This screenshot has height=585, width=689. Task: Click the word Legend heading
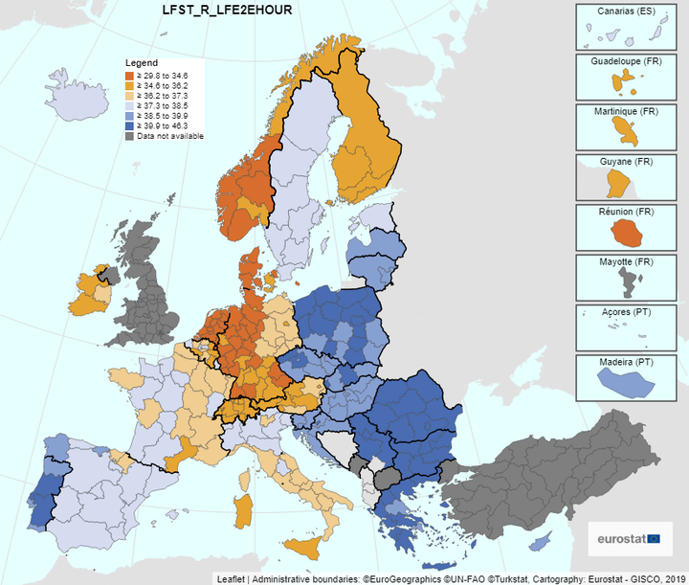coord(141,62)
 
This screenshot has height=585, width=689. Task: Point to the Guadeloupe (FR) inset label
coord(627,61)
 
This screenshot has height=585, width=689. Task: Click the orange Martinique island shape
coord(626,127)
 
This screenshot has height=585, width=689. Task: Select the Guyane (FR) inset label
coord(627,161)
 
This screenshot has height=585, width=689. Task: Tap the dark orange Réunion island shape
coord(628,231)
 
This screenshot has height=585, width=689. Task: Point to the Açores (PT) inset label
coord(627,311)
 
